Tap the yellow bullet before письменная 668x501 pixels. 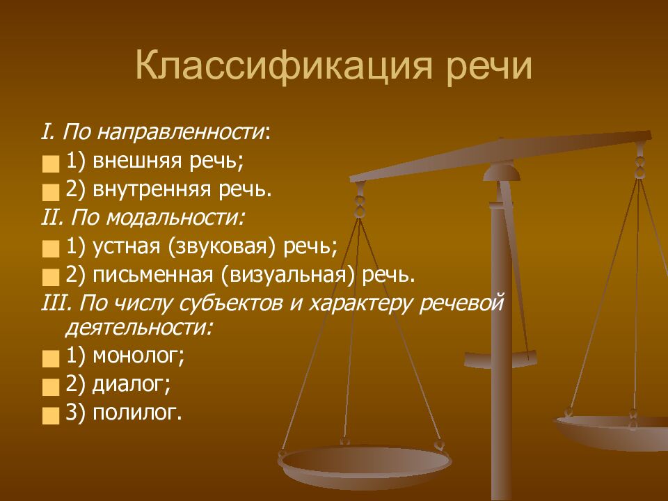(51, 277)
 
